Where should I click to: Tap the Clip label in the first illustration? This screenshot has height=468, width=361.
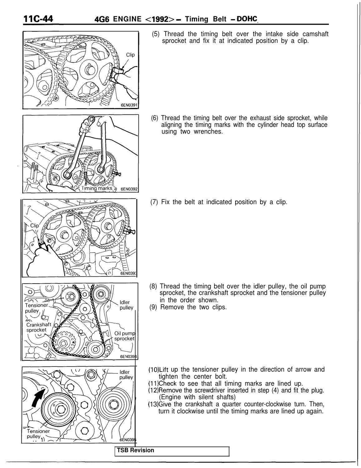pos(130,55)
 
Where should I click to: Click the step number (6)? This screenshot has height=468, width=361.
pos(155,118)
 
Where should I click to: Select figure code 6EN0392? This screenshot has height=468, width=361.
pos(129,189)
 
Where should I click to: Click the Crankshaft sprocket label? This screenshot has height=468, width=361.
pos(38,327)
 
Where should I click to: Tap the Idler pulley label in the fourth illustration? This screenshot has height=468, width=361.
pos(126,305)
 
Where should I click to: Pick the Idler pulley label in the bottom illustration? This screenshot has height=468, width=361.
pos(126,374)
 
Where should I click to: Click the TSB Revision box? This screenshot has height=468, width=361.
pos(172,451)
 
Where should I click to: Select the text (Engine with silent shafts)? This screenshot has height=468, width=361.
pos(197,397)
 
